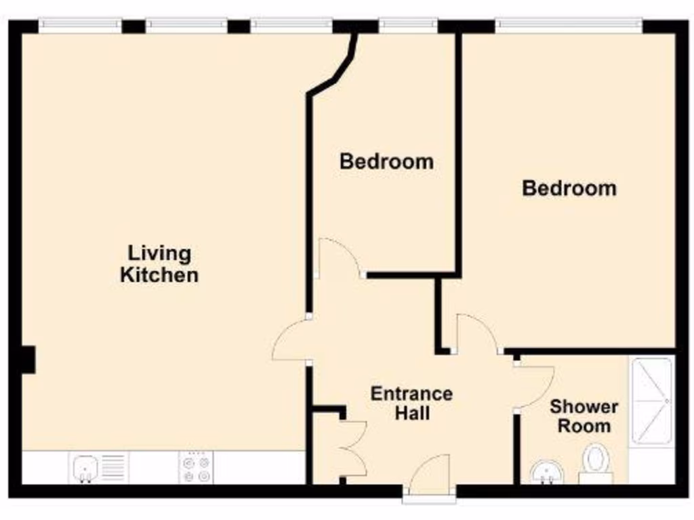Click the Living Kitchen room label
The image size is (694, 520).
click(159, 264)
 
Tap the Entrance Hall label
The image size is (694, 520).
click(411, 403)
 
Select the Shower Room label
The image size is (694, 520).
click(584, 416)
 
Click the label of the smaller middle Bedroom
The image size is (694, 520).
click(386, 162)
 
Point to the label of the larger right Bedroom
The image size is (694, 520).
click(569, 188)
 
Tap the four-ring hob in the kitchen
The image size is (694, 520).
click(196, 468)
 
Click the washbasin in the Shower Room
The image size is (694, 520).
click(547, 471)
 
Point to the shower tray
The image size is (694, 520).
click(652, 402)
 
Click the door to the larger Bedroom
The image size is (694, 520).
click(476, 333)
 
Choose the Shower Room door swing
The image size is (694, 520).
click(533, 386)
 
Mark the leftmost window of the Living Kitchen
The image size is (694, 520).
click(80, 26)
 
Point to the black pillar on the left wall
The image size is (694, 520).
click(27, 359)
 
